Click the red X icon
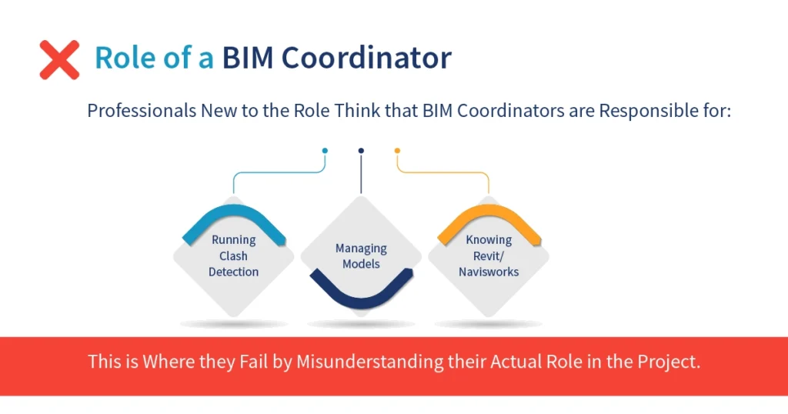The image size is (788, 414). click(59, 59)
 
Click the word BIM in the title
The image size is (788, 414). click(249, 58)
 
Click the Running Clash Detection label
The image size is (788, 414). click(233, 255)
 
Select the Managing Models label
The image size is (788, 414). click(361, 256)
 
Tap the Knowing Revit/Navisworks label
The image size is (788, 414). click(489, 255)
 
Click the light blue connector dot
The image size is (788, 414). click(325, 151)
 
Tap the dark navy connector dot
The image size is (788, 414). click(361, 151)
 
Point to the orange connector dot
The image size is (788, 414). click(397, 151)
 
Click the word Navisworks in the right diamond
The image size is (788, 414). click(489, 272)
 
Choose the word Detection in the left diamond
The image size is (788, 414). click(233, 272)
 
